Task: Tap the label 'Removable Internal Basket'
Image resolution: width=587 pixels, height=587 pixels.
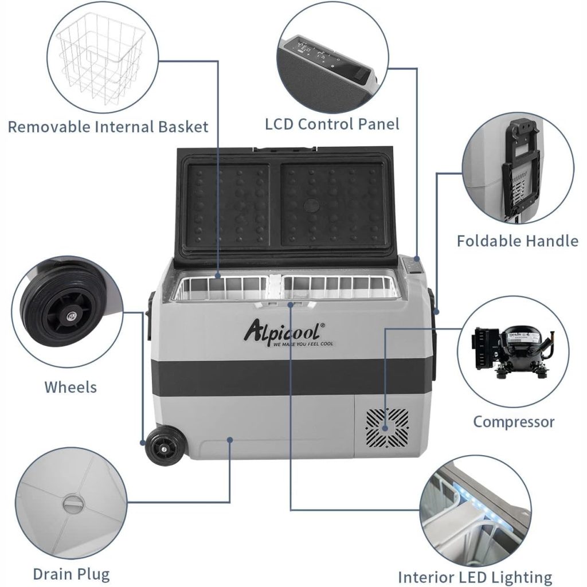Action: (108, 127)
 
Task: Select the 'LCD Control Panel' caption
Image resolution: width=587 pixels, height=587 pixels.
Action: (332, 124)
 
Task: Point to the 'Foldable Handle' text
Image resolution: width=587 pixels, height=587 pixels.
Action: (517, 241)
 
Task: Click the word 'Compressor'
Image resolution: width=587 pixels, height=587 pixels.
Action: (514, 422)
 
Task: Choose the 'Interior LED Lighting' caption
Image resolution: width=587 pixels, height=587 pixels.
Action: (475, 577)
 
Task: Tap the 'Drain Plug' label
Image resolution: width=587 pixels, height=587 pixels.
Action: (71, 574)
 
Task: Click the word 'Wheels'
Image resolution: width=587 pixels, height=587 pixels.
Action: (71, 387)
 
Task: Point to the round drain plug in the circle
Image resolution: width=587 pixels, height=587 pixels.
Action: (73, 504)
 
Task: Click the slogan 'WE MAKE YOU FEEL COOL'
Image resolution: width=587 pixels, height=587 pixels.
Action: (303, 343)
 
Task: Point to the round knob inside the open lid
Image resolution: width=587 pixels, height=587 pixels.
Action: (310, 205)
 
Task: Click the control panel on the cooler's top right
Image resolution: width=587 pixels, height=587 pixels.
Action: (413, 267)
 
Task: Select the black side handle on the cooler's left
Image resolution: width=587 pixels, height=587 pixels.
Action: (150, 315)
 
